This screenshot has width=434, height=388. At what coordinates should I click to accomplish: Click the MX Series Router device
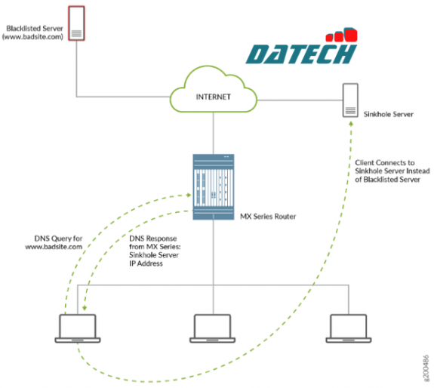214,186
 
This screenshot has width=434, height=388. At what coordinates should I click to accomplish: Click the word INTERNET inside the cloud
214,97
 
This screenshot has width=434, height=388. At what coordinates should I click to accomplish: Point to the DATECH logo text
302,55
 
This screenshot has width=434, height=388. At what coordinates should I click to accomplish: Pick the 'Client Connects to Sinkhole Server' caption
392,171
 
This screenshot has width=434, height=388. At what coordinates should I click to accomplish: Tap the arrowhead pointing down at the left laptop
84,308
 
